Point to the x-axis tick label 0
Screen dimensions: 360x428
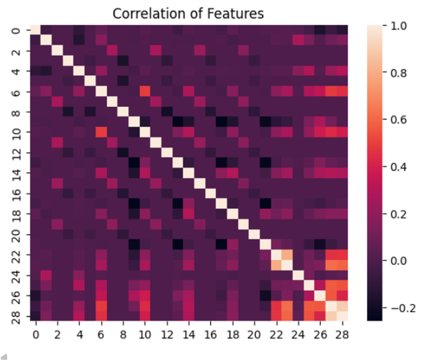point(35,335)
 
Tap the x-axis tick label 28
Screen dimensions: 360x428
point(342,335)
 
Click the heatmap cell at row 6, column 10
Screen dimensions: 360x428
point(145,91)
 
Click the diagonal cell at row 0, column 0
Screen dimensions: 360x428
point(35,30)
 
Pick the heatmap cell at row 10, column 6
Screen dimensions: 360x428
point(101,132)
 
